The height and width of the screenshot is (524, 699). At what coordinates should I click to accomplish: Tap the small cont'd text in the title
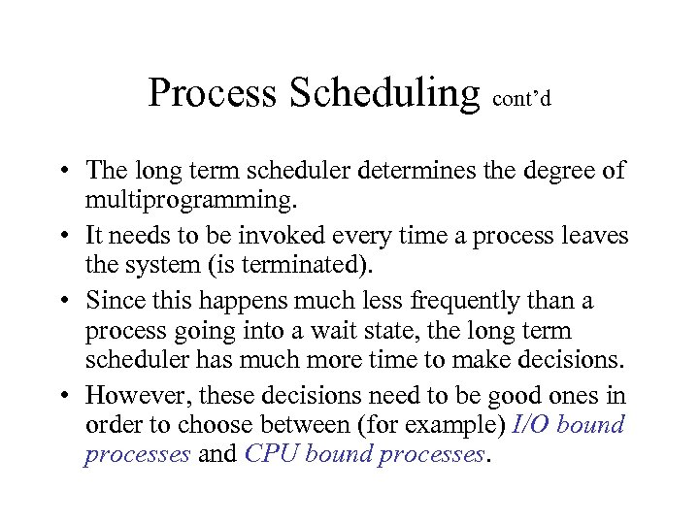click(x=522, y=100)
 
